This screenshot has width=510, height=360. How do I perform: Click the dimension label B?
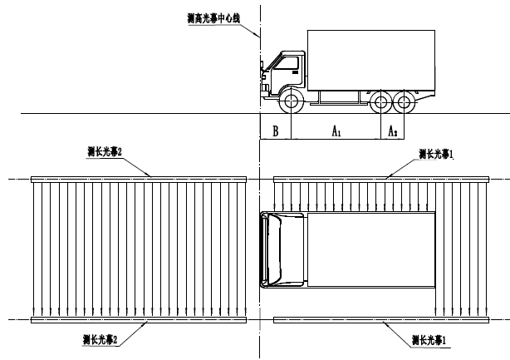click(275, 130)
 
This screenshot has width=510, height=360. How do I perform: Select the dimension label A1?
click(336, 131)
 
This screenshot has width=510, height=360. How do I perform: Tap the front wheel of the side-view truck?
click(292, 103)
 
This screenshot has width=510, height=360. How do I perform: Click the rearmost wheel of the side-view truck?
click(405, 103)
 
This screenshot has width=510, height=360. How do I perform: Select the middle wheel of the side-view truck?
click(381, 103)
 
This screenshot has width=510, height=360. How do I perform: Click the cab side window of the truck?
click(290, 63)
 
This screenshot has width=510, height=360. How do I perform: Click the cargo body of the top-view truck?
click(370, 249)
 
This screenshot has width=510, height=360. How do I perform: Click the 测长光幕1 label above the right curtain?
click(436, 152)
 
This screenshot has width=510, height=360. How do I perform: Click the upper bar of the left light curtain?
click(139, 178)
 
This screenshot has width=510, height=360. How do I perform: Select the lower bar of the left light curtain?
click(139, 319)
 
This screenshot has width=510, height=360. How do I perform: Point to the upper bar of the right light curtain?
click(380, 178)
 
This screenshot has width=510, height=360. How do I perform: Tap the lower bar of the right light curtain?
click(380, 319)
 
